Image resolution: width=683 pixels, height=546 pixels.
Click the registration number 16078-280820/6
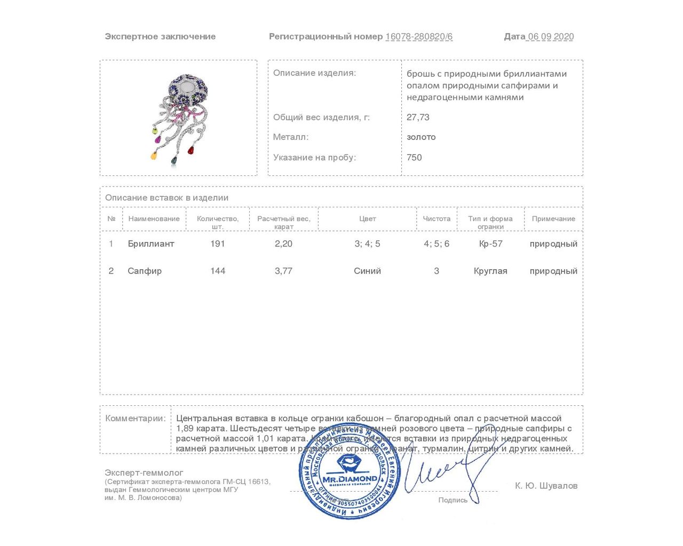coord(419,37)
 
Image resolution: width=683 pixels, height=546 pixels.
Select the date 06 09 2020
coord(550,37)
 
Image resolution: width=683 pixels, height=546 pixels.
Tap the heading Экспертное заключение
coord(160,37)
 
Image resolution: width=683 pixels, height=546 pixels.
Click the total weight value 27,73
coord(418,117)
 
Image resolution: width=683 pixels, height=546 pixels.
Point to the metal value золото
coord(421,137)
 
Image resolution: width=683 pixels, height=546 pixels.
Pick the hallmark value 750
coord(414,157)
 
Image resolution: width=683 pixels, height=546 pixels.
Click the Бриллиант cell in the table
coord(151,244)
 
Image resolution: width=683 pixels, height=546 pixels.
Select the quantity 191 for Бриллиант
coord(218,244)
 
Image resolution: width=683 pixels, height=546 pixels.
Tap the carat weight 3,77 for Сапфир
coord(283,271)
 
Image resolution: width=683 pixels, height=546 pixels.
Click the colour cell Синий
coord(367,271)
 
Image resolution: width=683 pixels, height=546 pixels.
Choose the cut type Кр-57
coord(490,244)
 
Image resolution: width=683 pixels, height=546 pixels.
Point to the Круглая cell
coord(490,271)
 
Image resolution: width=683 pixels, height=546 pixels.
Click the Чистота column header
coord(436,219)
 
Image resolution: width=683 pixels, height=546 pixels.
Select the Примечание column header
coord(553,219)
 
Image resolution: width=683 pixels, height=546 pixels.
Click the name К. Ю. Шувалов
coord(546,486)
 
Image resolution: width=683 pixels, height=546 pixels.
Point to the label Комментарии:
coord(136,419)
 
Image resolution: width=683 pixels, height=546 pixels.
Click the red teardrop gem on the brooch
coord(190,150)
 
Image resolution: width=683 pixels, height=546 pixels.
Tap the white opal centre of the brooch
coord(187,87)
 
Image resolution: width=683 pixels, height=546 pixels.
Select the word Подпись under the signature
coord(452,500)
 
